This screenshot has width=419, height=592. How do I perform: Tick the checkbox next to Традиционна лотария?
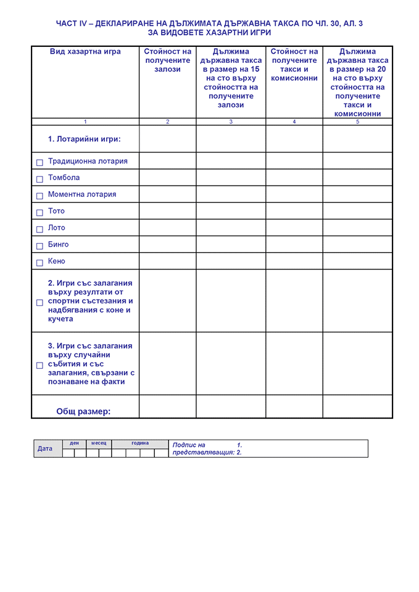39,162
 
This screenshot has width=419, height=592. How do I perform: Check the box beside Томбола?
39,179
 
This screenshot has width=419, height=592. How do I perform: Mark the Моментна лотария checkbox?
39,195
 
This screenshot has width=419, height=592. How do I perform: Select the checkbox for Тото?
39,212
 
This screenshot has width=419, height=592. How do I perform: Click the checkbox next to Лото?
39,229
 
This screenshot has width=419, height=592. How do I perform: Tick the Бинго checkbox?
39,245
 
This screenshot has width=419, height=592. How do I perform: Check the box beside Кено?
39,262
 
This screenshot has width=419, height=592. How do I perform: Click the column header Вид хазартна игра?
85,52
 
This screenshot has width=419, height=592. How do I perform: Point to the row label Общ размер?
83,411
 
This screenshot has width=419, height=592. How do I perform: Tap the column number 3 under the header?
231,121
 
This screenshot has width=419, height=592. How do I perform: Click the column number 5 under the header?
357,121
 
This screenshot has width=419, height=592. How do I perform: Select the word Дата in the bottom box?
45,448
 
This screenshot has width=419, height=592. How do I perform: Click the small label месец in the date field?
99,443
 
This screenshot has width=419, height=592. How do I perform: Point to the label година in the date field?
140,443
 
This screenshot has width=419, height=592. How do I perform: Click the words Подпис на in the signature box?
189,445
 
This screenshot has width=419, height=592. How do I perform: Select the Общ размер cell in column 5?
357,406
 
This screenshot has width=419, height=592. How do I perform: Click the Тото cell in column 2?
168,211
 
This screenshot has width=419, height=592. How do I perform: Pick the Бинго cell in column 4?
294,244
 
